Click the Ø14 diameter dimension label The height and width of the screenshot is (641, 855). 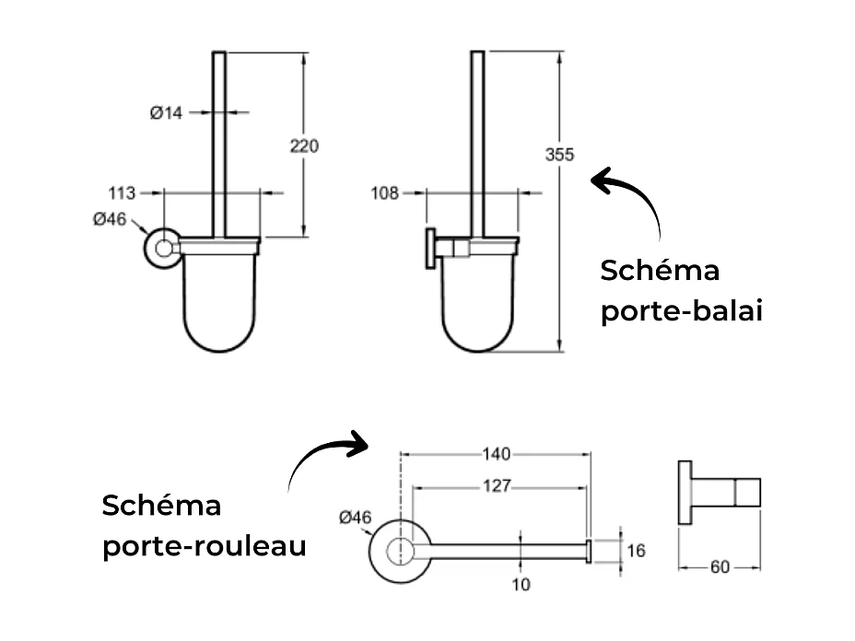pos(167,113)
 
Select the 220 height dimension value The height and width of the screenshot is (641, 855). pos(304,146)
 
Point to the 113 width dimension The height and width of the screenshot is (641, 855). pos(123,193)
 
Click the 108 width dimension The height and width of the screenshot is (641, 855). pos(384,193)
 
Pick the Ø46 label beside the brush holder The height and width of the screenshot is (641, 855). pos(109,219)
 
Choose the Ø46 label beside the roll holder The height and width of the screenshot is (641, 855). pos(355,518)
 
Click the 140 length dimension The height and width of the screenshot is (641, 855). pos(496,454)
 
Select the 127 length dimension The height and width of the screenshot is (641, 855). pos(496,486)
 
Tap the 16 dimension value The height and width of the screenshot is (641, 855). pos(636,551)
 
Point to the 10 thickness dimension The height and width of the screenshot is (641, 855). pos(521,584)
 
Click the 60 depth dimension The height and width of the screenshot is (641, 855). pos(720,567)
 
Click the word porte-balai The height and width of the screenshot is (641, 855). pos(682,311)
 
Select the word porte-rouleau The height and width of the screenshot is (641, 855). pos(204,546)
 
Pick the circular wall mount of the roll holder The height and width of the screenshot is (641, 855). pos(398,551)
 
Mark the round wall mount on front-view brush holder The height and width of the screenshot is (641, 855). pos(163,249)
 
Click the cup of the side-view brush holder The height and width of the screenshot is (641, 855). pos(479,304)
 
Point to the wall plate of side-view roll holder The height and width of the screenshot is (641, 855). pos(685,494)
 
